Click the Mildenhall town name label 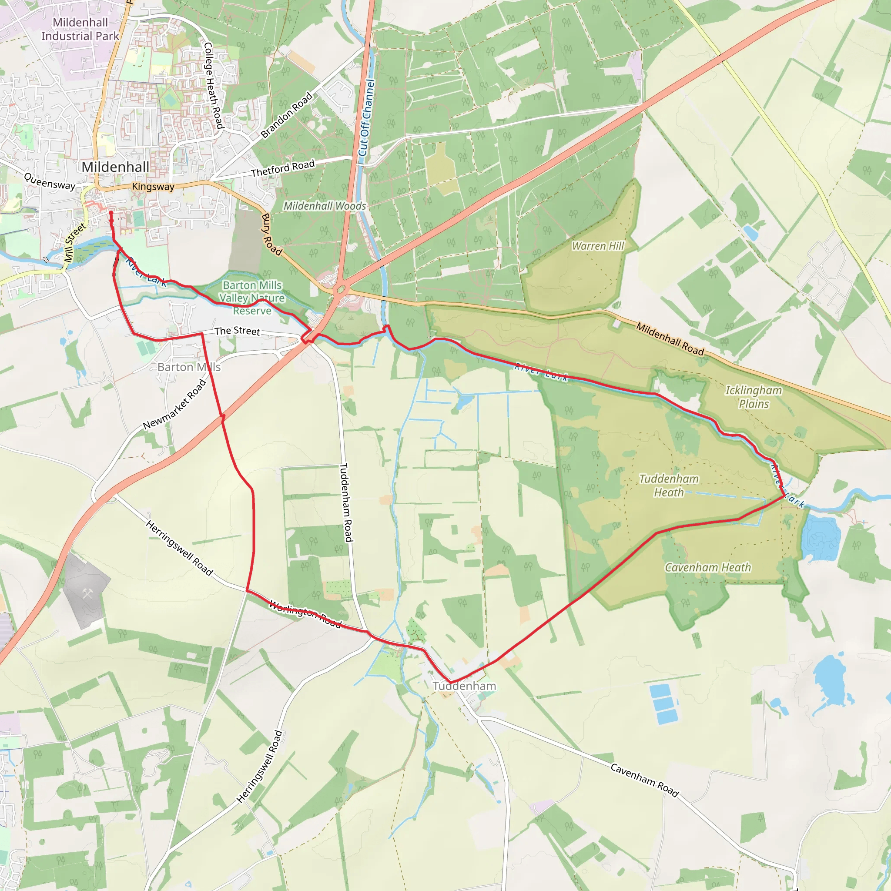pos(115,167)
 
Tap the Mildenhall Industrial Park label pos(80,29)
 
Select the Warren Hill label pos(598,246)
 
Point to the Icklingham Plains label pos(754,397)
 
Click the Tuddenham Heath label pos(669,486)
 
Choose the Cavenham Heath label pos(707,568)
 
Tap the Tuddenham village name pos(464,686)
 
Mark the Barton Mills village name pos(189,367)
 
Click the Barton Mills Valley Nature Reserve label pos(252,298)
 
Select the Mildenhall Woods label pos(324,206)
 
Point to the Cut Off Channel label pos(367,117)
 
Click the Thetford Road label pos(283,169)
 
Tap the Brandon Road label pos(286,115)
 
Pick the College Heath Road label pos(214,85)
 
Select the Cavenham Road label pos(644,780)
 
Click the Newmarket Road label pos(175,405)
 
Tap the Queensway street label pos(49,182)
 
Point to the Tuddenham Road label pos(346,502)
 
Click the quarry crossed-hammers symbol pos(87,593)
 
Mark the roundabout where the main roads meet pos(341,290)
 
